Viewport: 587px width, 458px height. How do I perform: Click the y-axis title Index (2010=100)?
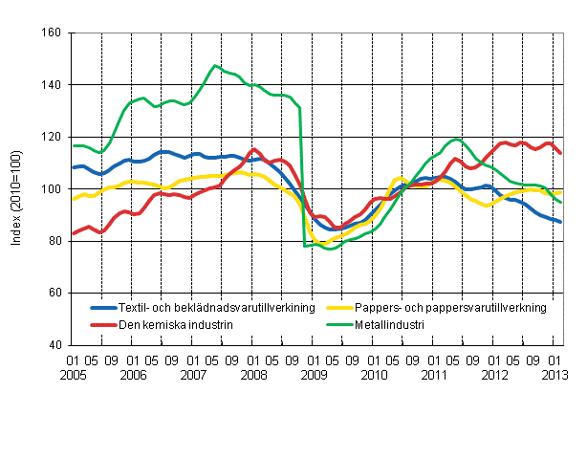[x=16, y=189]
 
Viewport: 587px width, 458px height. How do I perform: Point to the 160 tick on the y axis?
[x=51, y=33]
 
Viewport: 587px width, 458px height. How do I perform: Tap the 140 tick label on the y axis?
[x=51, y=85]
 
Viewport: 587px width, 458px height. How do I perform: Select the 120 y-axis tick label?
[x=51, y=138]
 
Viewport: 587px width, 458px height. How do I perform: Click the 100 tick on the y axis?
[x=51, y=189]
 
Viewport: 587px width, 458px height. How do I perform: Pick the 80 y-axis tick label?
[x=54, y=241]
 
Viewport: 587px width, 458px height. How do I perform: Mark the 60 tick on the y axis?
[x=54, y=293]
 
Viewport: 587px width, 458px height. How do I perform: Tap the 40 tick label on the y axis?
[x=54, y=345]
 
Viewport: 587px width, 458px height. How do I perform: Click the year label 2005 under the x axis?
[x=72, y=377]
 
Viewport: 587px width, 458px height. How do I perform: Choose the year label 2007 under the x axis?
[x=193, y=377]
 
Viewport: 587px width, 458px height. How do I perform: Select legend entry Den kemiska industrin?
[x=177, y=324]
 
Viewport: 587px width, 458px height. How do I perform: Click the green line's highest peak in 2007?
[x=216, y=66]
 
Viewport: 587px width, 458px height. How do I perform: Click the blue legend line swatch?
[x=106, y=308]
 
